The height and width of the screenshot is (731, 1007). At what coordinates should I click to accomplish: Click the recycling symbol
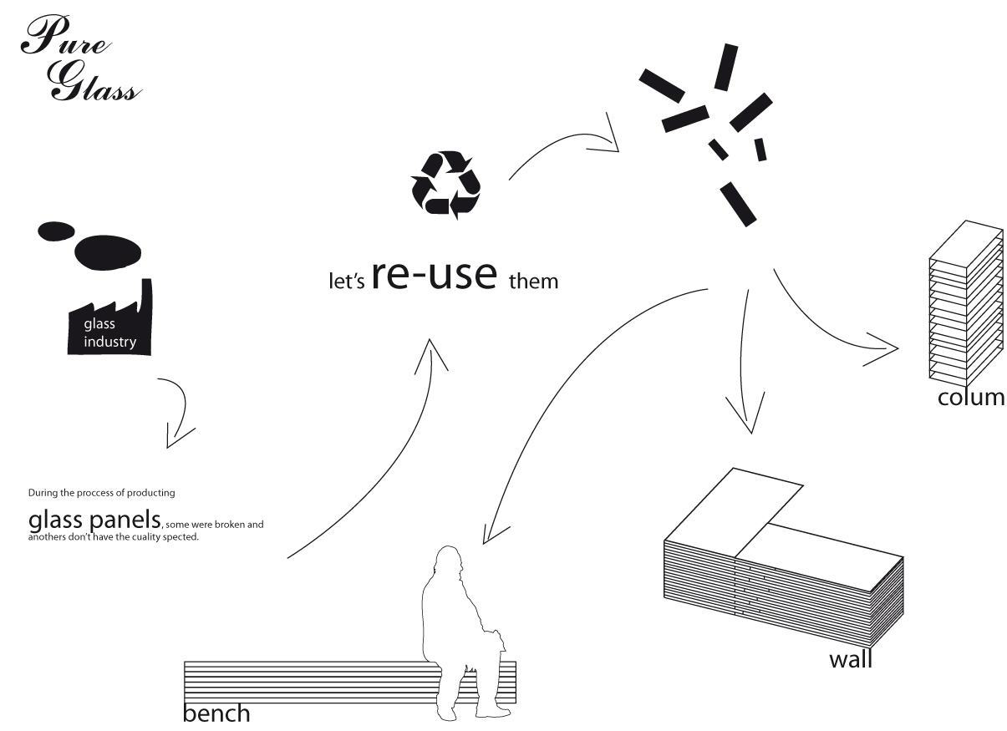click(445, 185)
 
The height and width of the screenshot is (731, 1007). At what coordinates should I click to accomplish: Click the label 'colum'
click(970, 396)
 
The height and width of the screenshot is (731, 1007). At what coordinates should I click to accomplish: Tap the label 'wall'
click(850, 659)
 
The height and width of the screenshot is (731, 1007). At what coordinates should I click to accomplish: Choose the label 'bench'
click(216, 713)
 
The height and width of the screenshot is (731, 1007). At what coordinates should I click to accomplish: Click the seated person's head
click(450, 561)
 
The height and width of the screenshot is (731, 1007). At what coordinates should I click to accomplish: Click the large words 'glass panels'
click(93, 520)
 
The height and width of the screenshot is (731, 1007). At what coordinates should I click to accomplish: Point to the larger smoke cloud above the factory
click(108, 251)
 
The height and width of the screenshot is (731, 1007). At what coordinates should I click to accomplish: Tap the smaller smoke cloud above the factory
click(56, 230)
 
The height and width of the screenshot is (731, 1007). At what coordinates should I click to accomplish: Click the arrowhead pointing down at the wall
click(747, 418)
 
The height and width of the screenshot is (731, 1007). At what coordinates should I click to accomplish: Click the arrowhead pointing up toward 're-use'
click(432, 353)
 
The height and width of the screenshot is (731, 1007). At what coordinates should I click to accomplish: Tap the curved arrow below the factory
click(179, 414)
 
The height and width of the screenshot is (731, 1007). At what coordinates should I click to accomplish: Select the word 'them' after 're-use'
click(533, 281)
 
